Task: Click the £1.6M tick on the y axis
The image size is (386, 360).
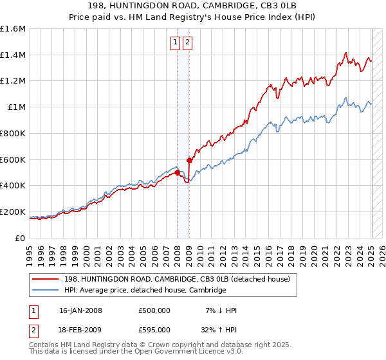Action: pyautogui.click(x=13, y=29)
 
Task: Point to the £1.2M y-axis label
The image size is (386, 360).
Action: pyautogui.click(x=13, y=81)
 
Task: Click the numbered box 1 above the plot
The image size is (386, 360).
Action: pyautogui.click(x=175, y=42)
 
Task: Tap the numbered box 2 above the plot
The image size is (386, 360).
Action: pyautogui.click(x=187, y=42)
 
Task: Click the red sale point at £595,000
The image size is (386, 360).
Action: pyautogui.click(x=189, y=160)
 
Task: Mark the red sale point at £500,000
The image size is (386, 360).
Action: pyautogui.click(x=177, y=172)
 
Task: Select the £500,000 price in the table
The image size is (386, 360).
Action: pyautogui.click(x=154, y=310)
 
